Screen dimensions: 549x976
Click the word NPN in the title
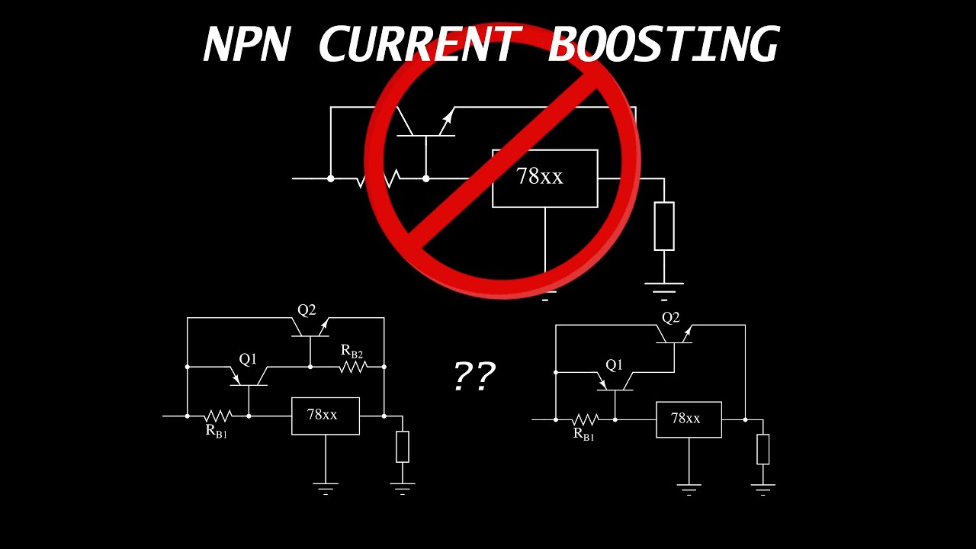(x=246, y=44)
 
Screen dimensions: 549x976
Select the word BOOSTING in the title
(x=662, y=44)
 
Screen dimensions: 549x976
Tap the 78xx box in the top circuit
(x=544, y=178)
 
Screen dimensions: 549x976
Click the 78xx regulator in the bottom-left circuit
(x=325, y=416)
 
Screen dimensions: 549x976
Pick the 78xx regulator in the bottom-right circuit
(x=689, y=419)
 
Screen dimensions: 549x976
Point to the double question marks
(x=474, y=376)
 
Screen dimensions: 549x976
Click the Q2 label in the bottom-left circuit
(x=307, y=310)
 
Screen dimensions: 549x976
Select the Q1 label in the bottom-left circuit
(x=248, y=359)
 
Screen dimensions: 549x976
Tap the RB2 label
(x=352, y=351)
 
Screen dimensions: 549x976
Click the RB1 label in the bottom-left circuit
(x=216, y=431)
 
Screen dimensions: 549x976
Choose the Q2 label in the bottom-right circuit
(x=670, y=318)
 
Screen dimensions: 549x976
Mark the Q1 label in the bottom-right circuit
(x=614, y=365)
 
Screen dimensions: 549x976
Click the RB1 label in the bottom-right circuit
(x=583, y=435)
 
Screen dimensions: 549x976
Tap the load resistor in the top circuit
(x=663, y=226)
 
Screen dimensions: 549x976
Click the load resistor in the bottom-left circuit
(x=403, y=446)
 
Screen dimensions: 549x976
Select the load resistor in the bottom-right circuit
(x=762, y=449)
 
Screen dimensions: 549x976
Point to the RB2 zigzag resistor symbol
(x=353, y=367)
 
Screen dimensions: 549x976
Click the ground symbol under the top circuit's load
(x=663, y=288)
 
